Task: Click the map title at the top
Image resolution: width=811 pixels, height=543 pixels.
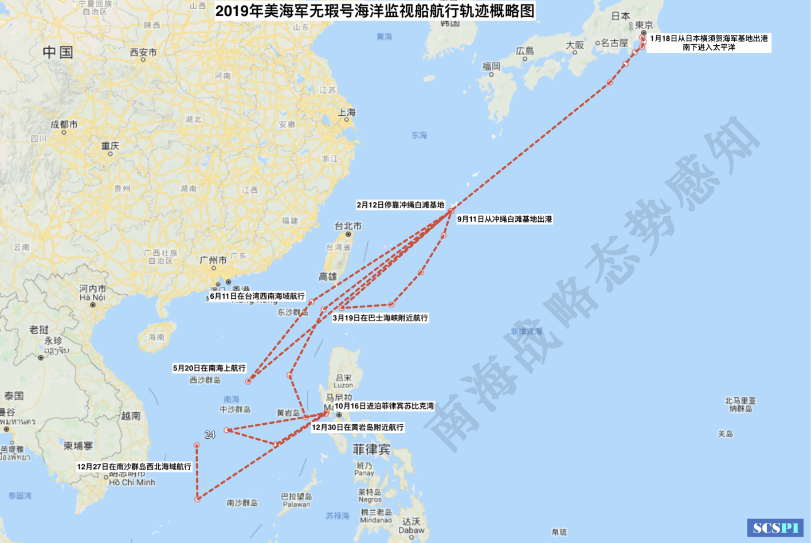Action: (x=375, y=11)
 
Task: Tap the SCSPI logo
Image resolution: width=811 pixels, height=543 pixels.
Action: (x=775, y=528)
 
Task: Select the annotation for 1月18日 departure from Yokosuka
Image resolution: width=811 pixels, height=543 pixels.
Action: (x=708, y=43)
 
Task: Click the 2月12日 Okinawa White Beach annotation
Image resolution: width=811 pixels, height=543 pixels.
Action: (x=400, y=205)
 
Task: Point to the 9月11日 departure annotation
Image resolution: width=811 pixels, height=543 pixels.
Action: (x=504, y=219)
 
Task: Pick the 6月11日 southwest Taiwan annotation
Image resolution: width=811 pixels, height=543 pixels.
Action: (x=257, y=296)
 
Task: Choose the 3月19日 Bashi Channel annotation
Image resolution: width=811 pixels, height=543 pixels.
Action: (x=380, y=318)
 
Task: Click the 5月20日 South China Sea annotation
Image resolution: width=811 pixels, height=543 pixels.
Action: (x=209, y=368)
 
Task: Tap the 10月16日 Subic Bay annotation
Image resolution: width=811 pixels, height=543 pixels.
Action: (x=384, y=406)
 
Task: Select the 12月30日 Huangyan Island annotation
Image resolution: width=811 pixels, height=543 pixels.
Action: (x=358, y=427)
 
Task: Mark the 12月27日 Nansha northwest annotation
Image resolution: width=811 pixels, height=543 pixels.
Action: (x=134, y=467)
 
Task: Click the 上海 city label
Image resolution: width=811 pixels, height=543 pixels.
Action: (x=347, y=112)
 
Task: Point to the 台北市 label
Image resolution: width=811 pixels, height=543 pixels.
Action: (x=348, y=226)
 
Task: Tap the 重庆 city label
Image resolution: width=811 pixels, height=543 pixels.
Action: (x=110, y=146)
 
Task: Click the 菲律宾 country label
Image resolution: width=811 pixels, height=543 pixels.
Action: (x=371, y=450)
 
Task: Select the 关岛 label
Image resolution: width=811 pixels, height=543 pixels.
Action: (x=726, y=434)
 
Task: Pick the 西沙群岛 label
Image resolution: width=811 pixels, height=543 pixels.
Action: (x=205, y=380)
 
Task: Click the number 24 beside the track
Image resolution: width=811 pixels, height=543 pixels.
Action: (x=210, y=435)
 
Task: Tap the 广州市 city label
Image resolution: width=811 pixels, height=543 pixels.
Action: (x=213, y=260)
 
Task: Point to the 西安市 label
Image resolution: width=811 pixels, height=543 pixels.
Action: (x=143, y=52)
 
